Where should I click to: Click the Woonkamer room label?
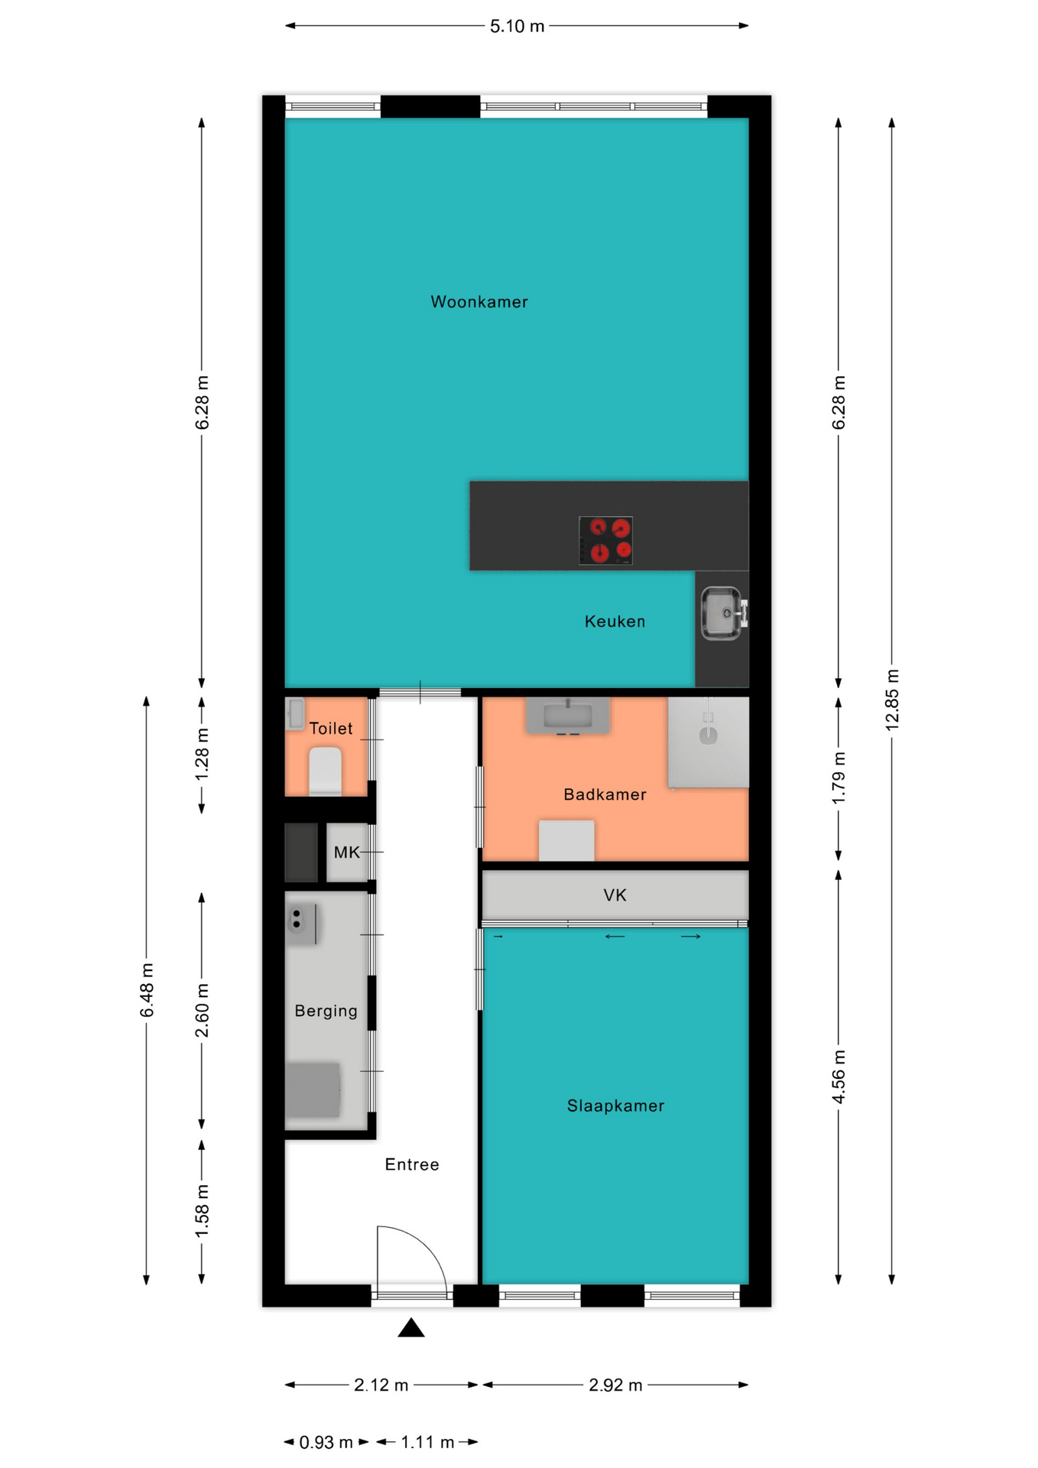coord(479,302)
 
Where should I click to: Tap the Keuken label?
coord(615,622)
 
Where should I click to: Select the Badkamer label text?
coord(605,794)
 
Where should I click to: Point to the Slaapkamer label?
coord(615,1106)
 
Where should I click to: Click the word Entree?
coord(412,1164)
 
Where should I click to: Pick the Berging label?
coord(326,1011)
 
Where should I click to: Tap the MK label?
coord(346,852)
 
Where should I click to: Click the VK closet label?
coord(615,895)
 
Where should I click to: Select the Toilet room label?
coord(330,729)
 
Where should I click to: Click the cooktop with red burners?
coord(605,540)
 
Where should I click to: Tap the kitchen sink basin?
coord(722,613)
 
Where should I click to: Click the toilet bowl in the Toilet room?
coord(325,771)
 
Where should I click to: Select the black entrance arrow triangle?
coord(411,1327)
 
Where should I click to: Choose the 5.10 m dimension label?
coord(517,26)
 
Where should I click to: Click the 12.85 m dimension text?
coord(892,700)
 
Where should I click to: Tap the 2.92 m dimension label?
coord(615,1385)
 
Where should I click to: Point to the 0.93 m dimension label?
coord(326,1442)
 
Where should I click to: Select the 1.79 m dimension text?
coord(839,778)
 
